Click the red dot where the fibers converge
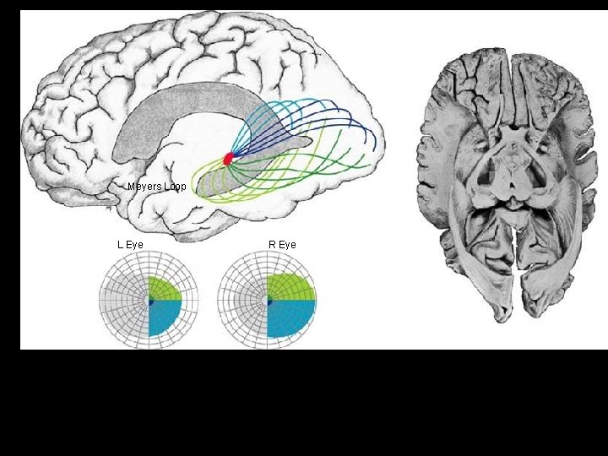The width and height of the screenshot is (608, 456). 227,158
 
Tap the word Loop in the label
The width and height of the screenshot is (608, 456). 175,186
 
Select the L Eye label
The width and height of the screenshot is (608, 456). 130,245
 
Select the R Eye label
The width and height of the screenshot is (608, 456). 282,245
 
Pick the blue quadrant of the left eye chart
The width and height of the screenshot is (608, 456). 164,316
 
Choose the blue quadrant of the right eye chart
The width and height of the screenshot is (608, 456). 289,317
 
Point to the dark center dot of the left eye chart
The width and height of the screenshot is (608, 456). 149,301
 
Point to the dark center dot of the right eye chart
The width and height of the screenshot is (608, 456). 269,301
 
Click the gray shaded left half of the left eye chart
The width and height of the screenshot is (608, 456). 123,301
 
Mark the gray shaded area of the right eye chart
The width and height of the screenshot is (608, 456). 243,301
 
